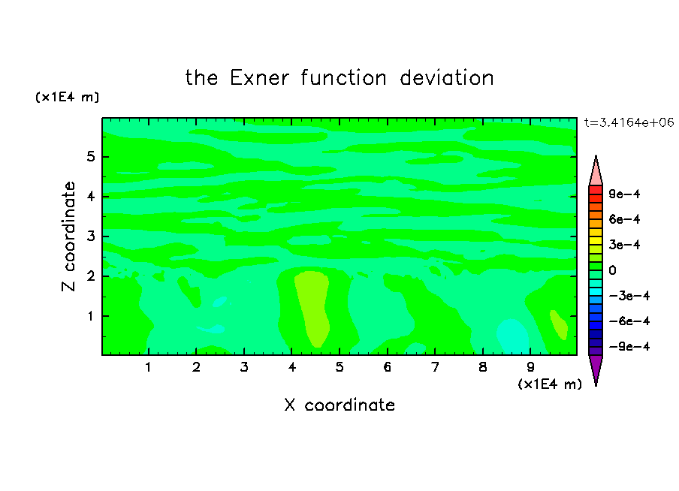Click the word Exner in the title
pyautogui.click(x=259, y=78)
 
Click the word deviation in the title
pyautogui.click(x=446, y=78)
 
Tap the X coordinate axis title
pyautogui.click(x=339, y=405)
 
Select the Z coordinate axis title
pyautogui.click(x=69, y=236)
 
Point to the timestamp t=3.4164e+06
pyautogui.click(x=629, y=122)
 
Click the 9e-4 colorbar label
pyautogui.click(x=624, y=194)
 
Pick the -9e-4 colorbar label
pyautogui.click(x=629, y=346)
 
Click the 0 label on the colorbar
pyautogui.click(x=612, y=270)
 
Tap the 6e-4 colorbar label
pyautogui.click(x=624, y=219)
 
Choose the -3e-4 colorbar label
pyautogui.click(x=629, y=296)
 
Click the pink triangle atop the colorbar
pyautogui.click(x=596, y=173)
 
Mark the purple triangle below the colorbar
pyautogui.click(x=596, y=369)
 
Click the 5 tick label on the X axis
pyautogui.click(x=339, y=368)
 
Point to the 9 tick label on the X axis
pyautogui.click(x=530, y=368)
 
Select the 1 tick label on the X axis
pyautogui.click(x=149, y=368)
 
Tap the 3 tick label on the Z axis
pyautogui.click(x=90, y=236)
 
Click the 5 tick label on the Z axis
pyautogui.click(x=90, y=157)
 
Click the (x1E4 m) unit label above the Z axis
pyautogui.click(x=67, y=97)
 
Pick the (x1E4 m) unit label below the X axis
pyautogui.click(x=550, y=384)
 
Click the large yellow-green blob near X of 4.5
pyautogui.click(x=313, y=307)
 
